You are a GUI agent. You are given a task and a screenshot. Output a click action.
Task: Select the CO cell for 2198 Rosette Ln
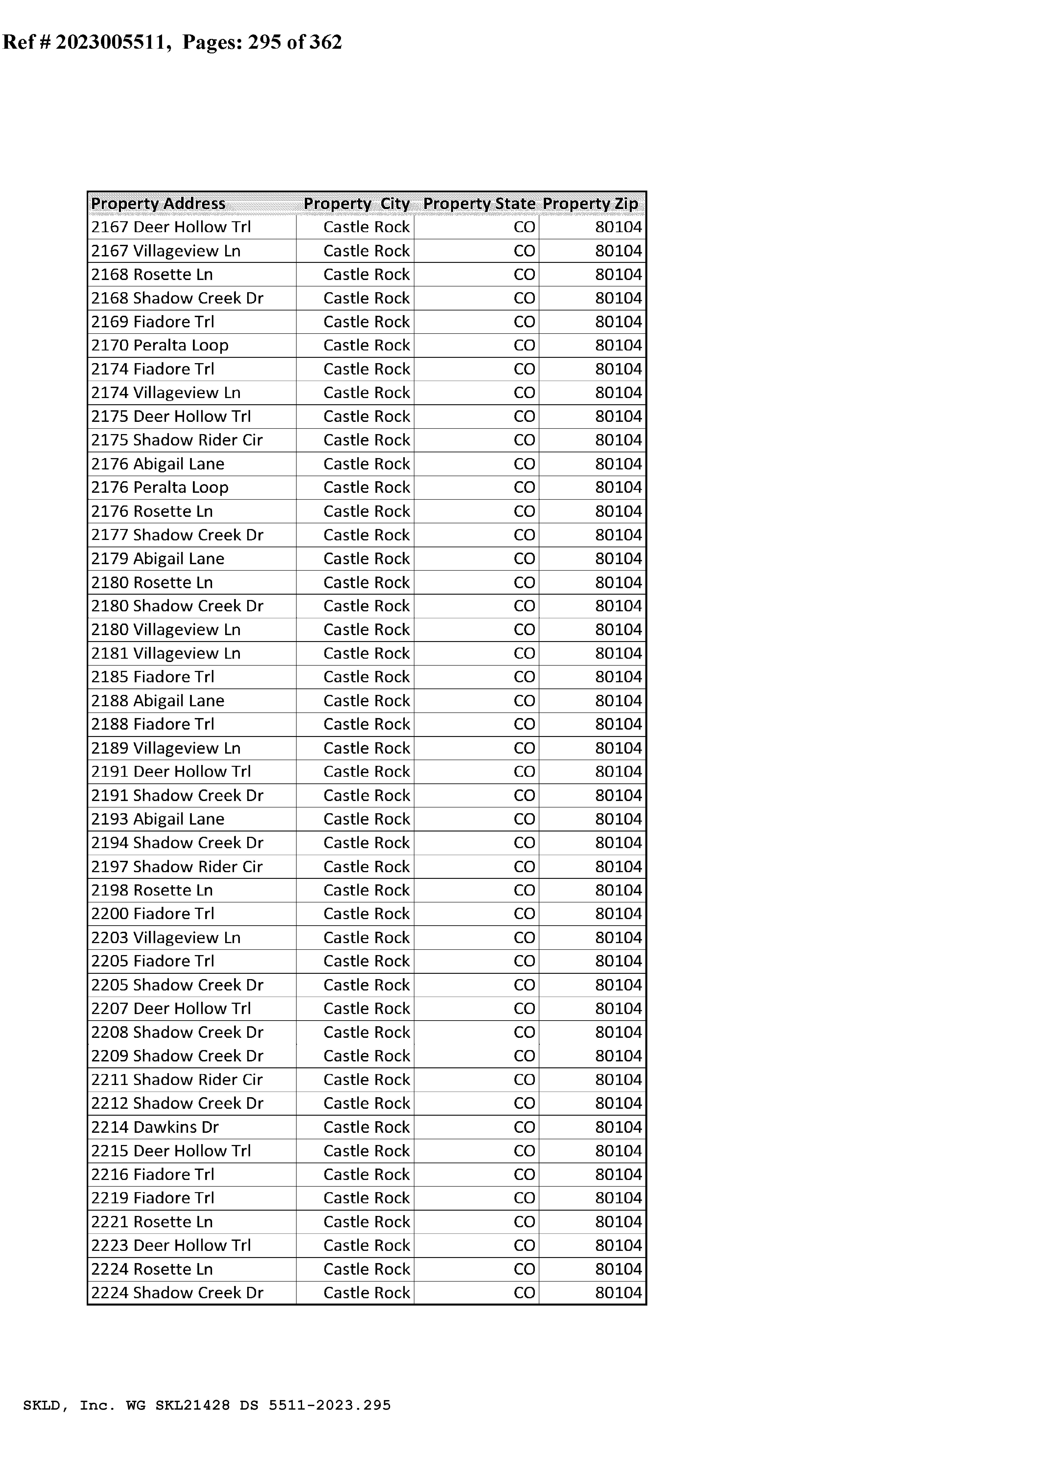tap(524, 890)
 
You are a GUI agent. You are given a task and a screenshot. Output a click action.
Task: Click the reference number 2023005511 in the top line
tap(111, 42)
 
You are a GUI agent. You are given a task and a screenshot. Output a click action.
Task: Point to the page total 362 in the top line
tap(326, 42)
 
